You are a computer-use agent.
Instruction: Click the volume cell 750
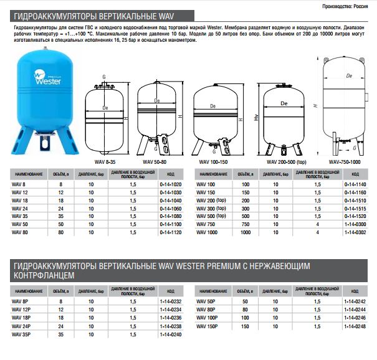tap(246, 224)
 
